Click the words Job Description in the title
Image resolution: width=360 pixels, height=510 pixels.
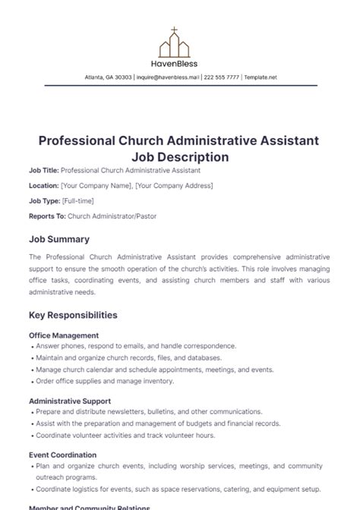[x=180, y=157]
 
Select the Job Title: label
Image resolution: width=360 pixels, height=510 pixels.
[x=43, y=172]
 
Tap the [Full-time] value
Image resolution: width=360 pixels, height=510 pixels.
[x=78, y=200]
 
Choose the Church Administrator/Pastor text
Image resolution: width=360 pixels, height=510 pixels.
[x=109, y=216]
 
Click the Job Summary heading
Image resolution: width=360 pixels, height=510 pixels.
[x=58, y=238]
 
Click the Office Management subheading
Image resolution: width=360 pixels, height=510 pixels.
[x=64, y=335]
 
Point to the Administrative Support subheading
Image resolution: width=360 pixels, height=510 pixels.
[x=70, y=401]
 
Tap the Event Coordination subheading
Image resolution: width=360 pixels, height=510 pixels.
[x=62, y=455]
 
